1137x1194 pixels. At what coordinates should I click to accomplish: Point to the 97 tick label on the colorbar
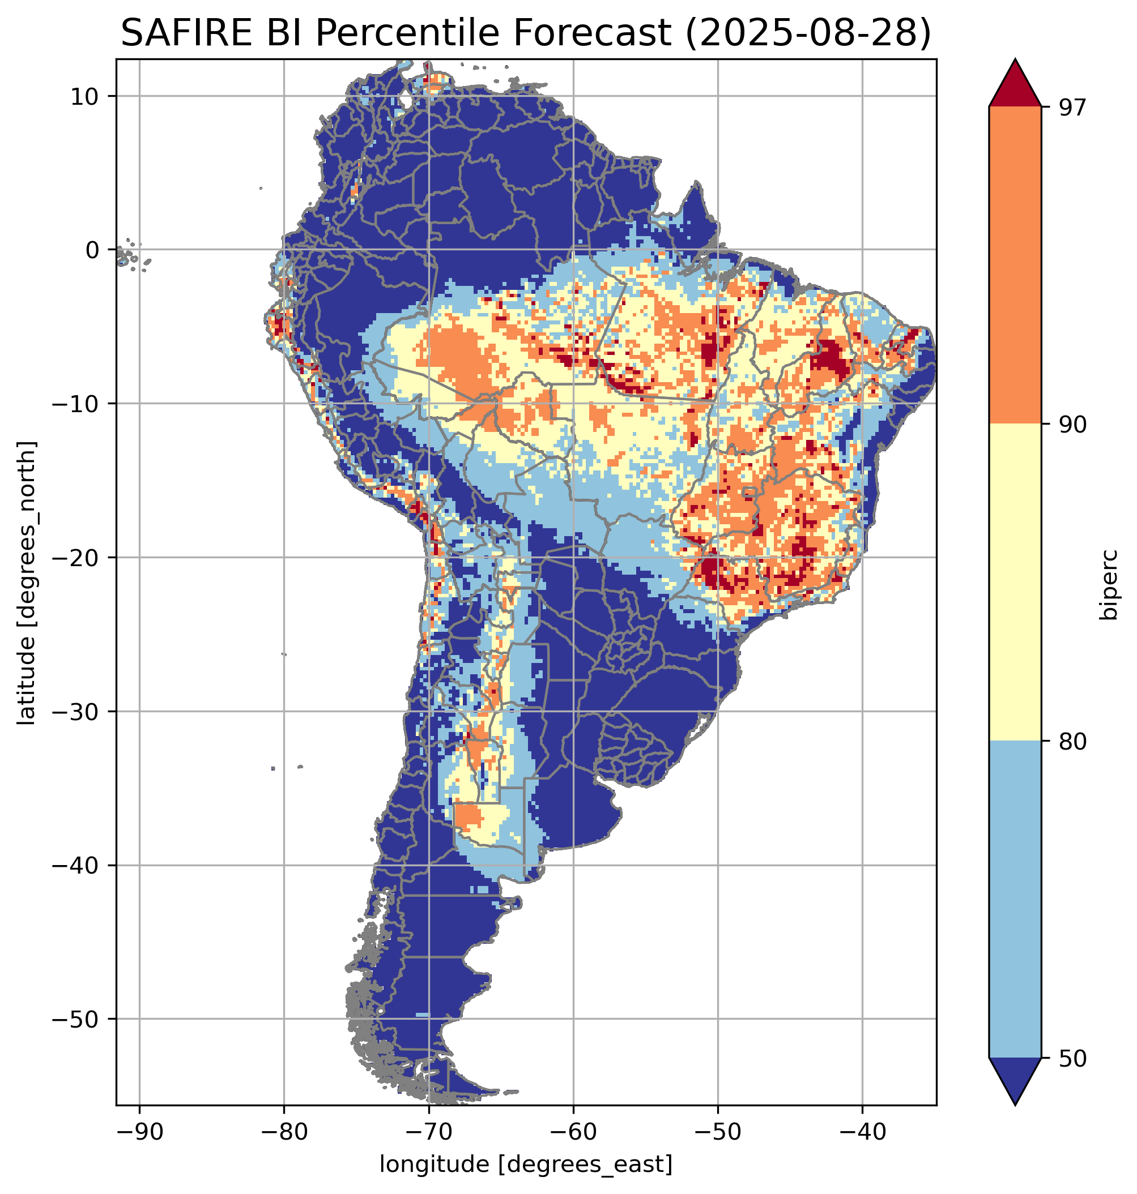click(1072, 107)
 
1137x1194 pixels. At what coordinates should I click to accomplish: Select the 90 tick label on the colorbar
click(1072, 425)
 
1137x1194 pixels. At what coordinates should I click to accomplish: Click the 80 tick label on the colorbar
click(1072, 742)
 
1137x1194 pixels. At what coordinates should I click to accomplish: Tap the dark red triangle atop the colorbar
click(1015, 85)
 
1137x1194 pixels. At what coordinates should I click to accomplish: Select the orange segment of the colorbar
click(1015, 266)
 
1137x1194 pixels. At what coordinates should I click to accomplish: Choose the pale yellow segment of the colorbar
click(1015, 583)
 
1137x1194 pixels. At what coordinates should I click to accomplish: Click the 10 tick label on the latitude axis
click(85, 96)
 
